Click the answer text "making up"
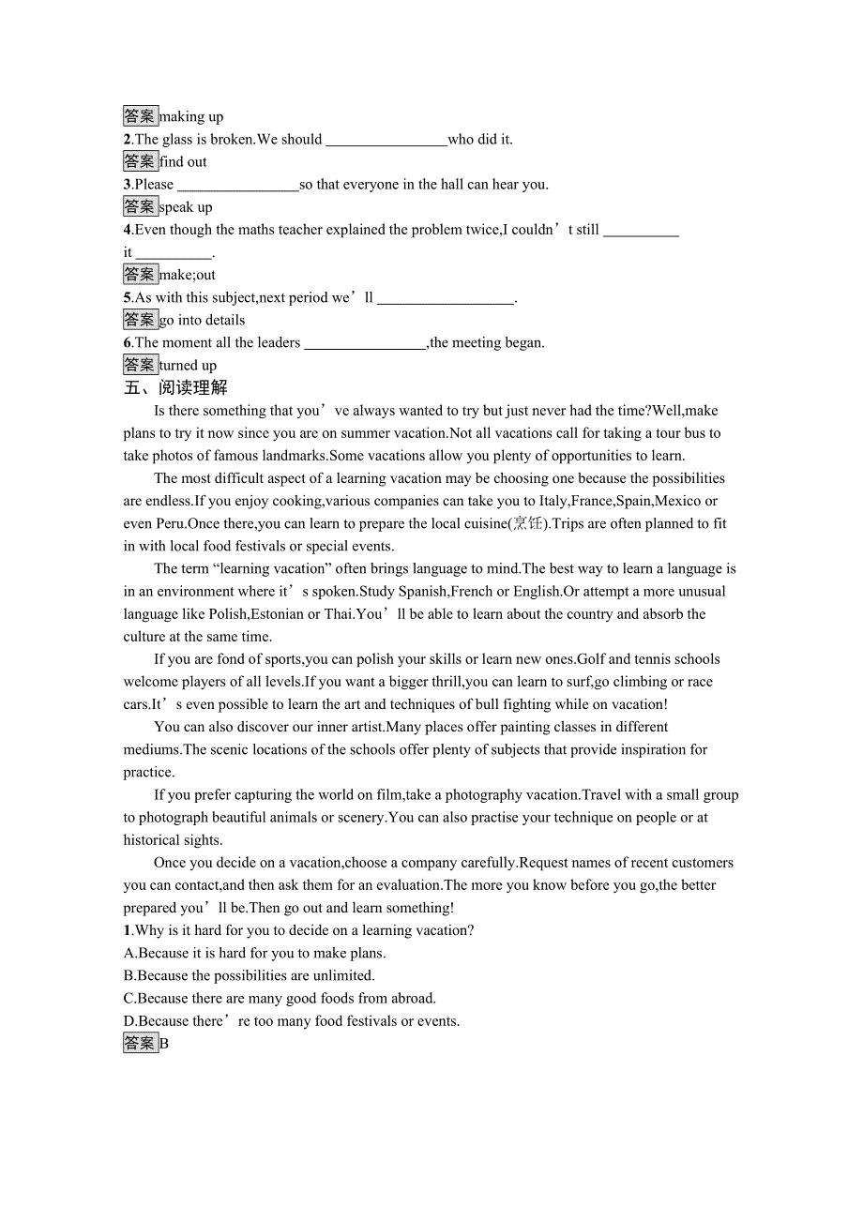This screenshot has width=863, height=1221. click(191, 117)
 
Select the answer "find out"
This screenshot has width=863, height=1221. click(183, 162)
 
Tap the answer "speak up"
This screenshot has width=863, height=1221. click(186, 207)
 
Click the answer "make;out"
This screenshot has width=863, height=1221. click(188, 275)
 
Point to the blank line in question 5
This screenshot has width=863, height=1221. click(446, 299)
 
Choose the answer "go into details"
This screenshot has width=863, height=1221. click(202, 320)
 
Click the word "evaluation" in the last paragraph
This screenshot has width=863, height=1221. click(407, 885)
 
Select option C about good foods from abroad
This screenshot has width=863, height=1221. click(280, 998)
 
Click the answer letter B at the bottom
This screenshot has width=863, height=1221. click(164, 1044)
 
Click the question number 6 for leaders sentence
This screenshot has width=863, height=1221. click(128, 343)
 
